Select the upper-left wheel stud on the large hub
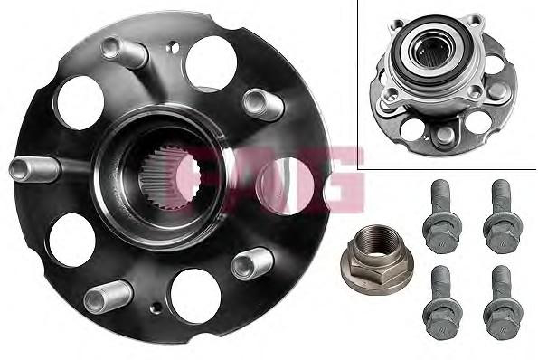(125, 52)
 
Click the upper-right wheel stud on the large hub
(263, 104)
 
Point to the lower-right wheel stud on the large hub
(252, 263)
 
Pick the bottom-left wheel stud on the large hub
(109, 297)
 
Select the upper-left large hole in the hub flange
(80, 102)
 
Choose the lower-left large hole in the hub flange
(72, 240)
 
